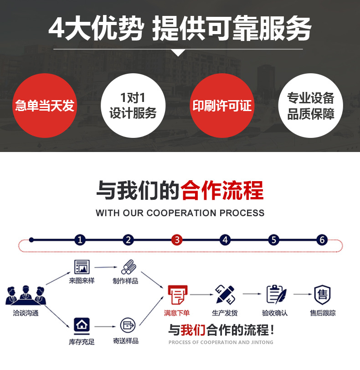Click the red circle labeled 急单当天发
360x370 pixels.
(44, 106)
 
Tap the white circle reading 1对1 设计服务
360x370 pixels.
(133, 106)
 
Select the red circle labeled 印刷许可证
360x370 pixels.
(222, 106)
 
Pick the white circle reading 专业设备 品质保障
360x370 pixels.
(311, 106)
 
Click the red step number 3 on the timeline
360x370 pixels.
(177, 240)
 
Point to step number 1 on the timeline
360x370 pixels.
(80, 240)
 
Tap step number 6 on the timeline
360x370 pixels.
(322, 240)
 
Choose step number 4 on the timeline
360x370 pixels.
(225, 240)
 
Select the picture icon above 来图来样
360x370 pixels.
(82, 267)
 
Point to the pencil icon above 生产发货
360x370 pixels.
(225, 295)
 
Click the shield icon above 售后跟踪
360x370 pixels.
(323, 295)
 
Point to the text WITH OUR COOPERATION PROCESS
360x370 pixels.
(180, 213)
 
